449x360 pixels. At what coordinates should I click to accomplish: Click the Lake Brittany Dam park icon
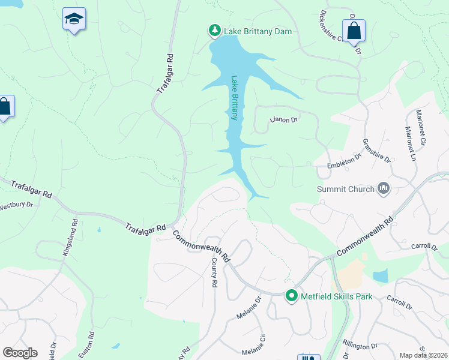point(214,31)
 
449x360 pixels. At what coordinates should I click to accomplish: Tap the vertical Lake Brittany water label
point(235,98)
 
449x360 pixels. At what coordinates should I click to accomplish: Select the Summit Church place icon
point(384,189)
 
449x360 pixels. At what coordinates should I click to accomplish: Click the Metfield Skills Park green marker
point(292,296)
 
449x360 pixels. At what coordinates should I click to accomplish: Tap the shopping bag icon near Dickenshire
point(354,31)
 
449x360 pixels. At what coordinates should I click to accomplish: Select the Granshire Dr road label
point(376,151)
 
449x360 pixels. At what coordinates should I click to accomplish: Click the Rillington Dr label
point(360,346)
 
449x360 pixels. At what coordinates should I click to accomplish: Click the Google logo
point(20,353)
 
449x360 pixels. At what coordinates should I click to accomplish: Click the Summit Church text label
point(345,189)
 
